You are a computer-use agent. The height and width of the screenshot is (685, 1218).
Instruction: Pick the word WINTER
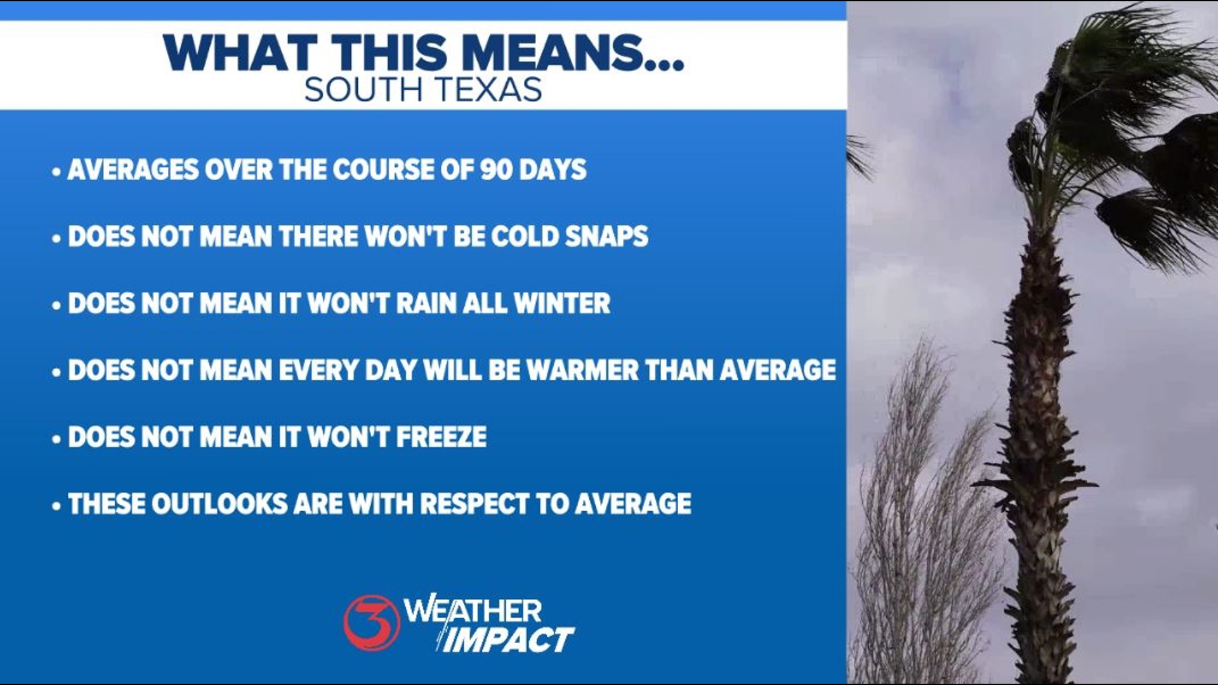click(562, 303)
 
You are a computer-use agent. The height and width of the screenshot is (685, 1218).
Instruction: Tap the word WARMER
click(582, 370)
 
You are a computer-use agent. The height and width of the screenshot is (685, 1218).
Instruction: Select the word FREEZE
click(442, 437)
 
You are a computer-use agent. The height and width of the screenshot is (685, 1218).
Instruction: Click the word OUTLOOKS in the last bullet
click(220, 504)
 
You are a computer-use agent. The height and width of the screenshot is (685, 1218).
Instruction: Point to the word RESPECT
click(474, 504)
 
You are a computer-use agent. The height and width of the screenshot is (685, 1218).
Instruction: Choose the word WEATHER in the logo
click(473, 611)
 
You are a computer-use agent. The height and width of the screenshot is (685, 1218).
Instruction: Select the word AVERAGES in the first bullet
click(133, 169)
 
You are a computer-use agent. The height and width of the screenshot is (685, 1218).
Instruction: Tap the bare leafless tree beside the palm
click(920, 520)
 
